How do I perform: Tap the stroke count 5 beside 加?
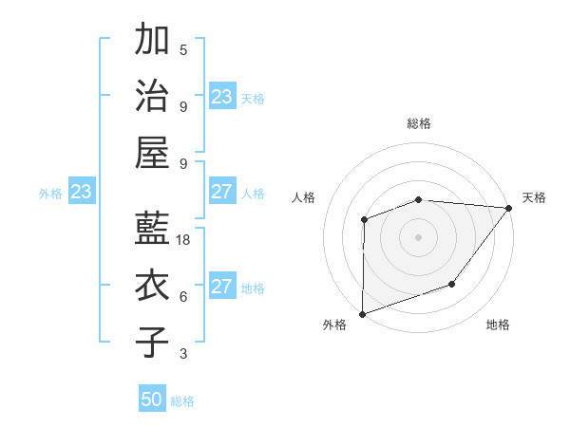pyautogui.click(x=183, y=50)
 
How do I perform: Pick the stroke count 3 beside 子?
pyautogui.click(x=183, y=353)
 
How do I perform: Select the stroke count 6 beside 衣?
pyautogui.click(x=183, y=296)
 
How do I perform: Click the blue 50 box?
pyautogui.click(x=152, y=400)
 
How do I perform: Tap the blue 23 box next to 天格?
pyautogui.click(x=222, y=97)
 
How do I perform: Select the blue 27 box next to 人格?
pyautogui.click(x=222, y=192)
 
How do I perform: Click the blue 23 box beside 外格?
pyautogui.click(x=81, y=192)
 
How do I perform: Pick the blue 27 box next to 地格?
pyautogui.click(x=222, y=287)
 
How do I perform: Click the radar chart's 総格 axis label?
pyautogui.click(x=418, y=123)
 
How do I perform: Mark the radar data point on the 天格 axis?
pyautogui.click(x=510, y=208)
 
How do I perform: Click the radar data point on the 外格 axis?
pyautogui.click(x=363, y=312)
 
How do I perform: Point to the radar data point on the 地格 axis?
pyautogui.click(x=452, y=284)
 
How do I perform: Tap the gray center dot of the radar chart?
pyautogui.click(x=418, y=236)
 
